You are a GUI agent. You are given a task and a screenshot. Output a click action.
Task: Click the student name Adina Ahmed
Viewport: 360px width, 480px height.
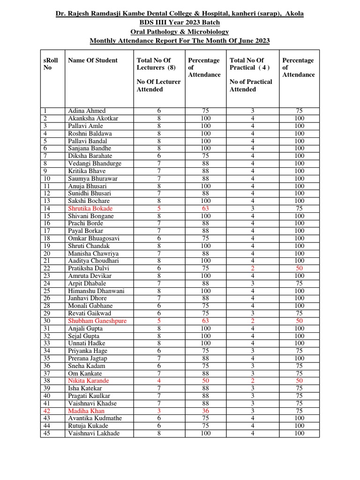point(87,111)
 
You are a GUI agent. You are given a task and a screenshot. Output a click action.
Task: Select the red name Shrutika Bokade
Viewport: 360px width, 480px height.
point(90,209)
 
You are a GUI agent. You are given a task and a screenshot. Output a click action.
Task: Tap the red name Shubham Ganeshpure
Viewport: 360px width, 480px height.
point(97,321)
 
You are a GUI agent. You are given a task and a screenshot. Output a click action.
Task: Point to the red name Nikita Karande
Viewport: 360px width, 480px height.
point(88,381)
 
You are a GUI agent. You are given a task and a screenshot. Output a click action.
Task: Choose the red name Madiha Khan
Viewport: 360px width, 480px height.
point(86,411)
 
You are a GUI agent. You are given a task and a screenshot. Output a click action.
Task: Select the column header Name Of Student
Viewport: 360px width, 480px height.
point(93,60)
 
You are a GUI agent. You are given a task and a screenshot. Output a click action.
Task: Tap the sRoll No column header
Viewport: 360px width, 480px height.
point(50,64)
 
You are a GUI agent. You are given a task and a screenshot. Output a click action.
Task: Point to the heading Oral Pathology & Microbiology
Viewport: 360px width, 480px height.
point(180,32)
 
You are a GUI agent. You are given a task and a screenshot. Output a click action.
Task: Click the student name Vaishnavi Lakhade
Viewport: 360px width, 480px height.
point(94,434)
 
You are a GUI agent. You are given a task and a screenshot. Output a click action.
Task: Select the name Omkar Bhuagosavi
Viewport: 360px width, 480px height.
point(93,239)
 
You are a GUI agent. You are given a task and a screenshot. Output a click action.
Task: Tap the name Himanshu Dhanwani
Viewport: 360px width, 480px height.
point(96,291)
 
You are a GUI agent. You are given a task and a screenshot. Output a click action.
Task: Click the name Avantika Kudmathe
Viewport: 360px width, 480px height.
point(95,419)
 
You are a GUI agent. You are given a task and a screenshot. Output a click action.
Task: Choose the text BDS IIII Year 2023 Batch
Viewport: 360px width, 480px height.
point(180,22)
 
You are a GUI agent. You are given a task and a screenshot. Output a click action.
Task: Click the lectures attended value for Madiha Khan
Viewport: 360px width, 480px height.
point(158,411)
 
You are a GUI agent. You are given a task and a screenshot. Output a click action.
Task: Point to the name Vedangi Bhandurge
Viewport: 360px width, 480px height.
point(95,164)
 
